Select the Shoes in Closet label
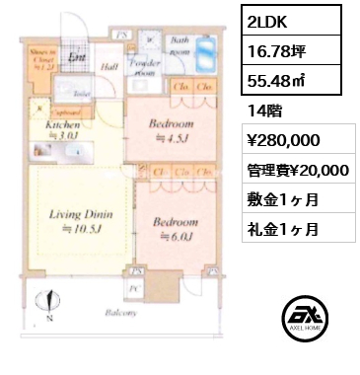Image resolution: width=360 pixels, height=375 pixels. (x=41, y=60)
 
